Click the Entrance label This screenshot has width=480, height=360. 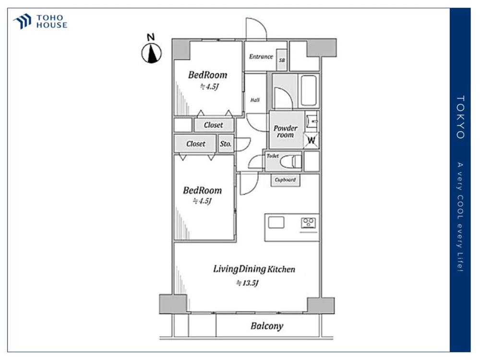(261, 56)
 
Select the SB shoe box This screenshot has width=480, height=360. (282, 60)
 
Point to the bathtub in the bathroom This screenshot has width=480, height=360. (309, 91)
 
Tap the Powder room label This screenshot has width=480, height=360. (285, 132)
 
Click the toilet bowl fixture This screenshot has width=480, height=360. (290, 161)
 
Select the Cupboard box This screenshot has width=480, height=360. (285, 180)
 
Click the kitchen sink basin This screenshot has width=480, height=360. (276, 222)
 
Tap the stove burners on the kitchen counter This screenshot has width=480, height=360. (308, 223)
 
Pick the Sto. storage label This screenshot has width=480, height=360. (226, 144)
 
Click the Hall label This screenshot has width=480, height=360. (255, 100)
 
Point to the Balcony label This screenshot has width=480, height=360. (266, 326)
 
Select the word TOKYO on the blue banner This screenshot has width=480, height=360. (460, 117)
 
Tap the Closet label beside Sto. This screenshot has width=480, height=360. (196, 144)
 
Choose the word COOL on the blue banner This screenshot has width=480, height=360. (460, 207)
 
